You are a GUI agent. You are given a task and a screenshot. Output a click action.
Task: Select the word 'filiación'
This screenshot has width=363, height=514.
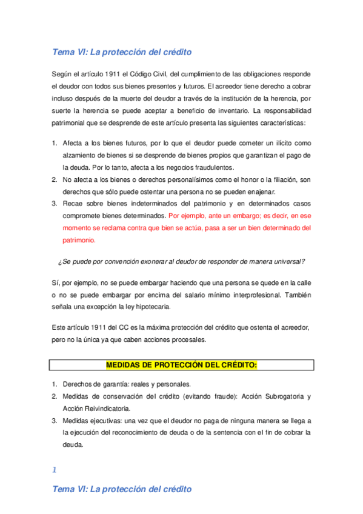pyautogui.click(x=278, y=179)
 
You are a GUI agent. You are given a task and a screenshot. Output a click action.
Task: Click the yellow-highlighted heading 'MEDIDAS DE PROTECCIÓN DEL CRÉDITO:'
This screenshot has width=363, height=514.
pyautogui.click(x=181, y=365)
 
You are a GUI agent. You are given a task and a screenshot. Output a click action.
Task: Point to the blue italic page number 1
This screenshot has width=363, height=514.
pyautogui.click(x=54, y=470)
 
